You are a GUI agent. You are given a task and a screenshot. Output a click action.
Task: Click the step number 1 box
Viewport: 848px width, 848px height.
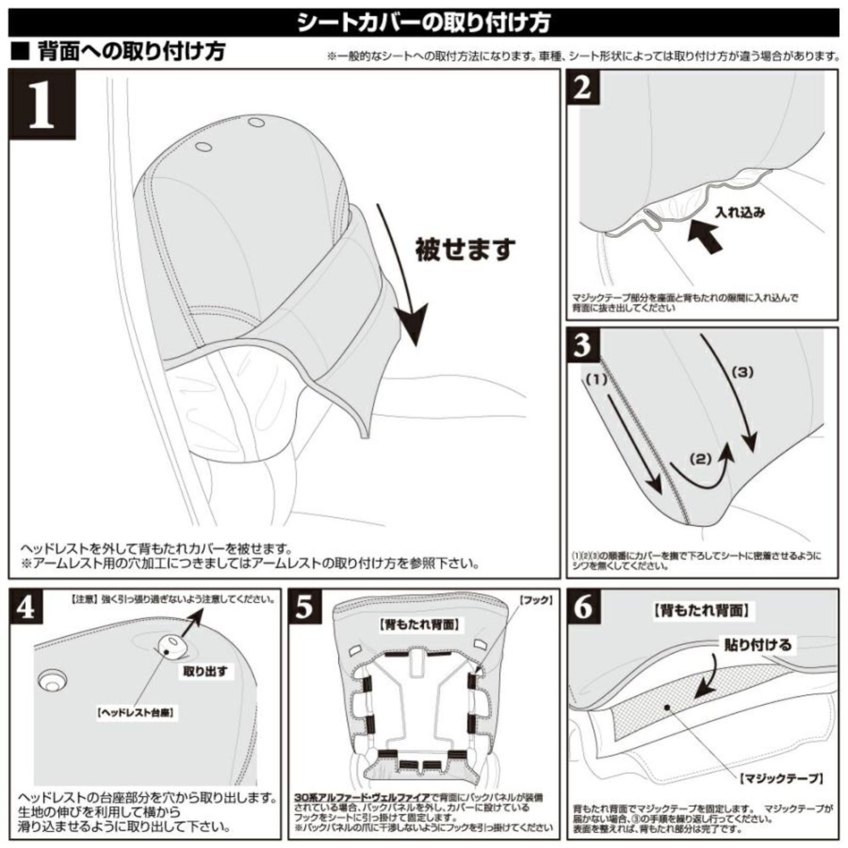42,105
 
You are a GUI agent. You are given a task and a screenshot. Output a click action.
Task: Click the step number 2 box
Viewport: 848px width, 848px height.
582,87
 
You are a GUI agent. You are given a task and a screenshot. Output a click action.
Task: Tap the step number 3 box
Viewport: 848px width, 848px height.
582,344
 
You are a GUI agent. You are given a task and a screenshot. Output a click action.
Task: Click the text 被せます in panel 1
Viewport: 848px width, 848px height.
465,249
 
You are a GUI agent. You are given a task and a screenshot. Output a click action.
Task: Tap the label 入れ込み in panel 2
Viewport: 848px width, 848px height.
740,213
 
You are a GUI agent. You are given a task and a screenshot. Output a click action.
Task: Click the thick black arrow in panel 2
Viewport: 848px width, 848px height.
705,236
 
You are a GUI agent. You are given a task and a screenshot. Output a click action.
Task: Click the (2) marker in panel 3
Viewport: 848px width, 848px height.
701,459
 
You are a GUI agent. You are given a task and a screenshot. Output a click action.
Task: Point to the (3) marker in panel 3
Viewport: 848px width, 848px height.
743,372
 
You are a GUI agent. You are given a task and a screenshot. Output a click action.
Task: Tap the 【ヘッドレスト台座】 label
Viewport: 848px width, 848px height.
137,713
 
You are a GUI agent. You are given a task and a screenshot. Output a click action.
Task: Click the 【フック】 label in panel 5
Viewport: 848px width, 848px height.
535,600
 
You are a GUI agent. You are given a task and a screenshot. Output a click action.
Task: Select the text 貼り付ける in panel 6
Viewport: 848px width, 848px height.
757,644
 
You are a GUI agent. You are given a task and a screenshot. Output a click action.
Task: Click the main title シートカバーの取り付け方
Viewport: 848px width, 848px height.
424,22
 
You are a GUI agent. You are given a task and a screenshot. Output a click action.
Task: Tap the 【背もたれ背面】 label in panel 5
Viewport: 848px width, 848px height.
419,624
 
